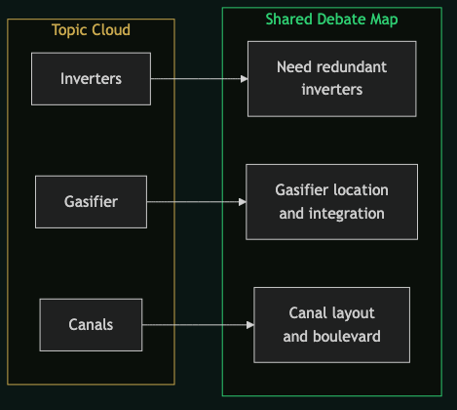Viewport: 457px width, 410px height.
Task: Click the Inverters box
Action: [91, 79]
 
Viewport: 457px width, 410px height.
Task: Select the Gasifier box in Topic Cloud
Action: [91, 202]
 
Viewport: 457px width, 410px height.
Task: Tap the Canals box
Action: [91, 325]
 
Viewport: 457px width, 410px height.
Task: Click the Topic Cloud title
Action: [91, 30]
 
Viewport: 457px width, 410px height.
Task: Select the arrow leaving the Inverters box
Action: [195, 79]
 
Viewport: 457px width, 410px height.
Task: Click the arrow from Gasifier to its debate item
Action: [195, 202]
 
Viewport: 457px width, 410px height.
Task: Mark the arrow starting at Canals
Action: [195, 325]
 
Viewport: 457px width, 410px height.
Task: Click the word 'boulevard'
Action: [346, 337]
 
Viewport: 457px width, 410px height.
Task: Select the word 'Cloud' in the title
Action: [110, 30]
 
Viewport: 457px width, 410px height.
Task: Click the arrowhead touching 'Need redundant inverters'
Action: [243, 79]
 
